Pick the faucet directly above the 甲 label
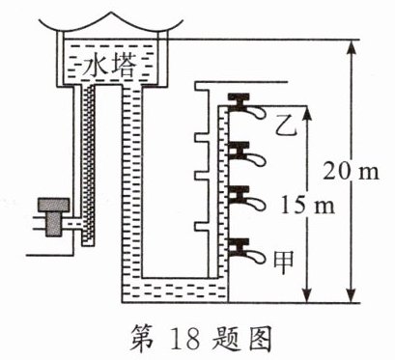click(242, 248)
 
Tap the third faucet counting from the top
click(242, 200)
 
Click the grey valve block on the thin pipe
click(45, 209)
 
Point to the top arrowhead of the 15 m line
click(307, 113)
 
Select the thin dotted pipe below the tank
click(85, 164)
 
